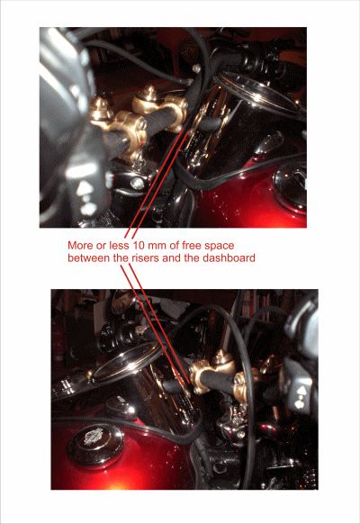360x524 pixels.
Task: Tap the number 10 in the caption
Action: (139, 246)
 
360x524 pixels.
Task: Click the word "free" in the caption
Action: (192, 246)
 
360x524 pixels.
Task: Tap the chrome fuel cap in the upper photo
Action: (290, 188)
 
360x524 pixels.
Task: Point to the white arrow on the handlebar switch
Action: (301, 391)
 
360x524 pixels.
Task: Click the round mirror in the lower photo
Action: (121, 303)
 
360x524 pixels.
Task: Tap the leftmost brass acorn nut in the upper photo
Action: (98, 107)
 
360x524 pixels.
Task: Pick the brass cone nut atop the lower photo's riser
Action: (220, 357)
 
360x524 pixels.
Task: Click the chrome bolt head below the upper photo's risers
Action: (136, 183)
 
